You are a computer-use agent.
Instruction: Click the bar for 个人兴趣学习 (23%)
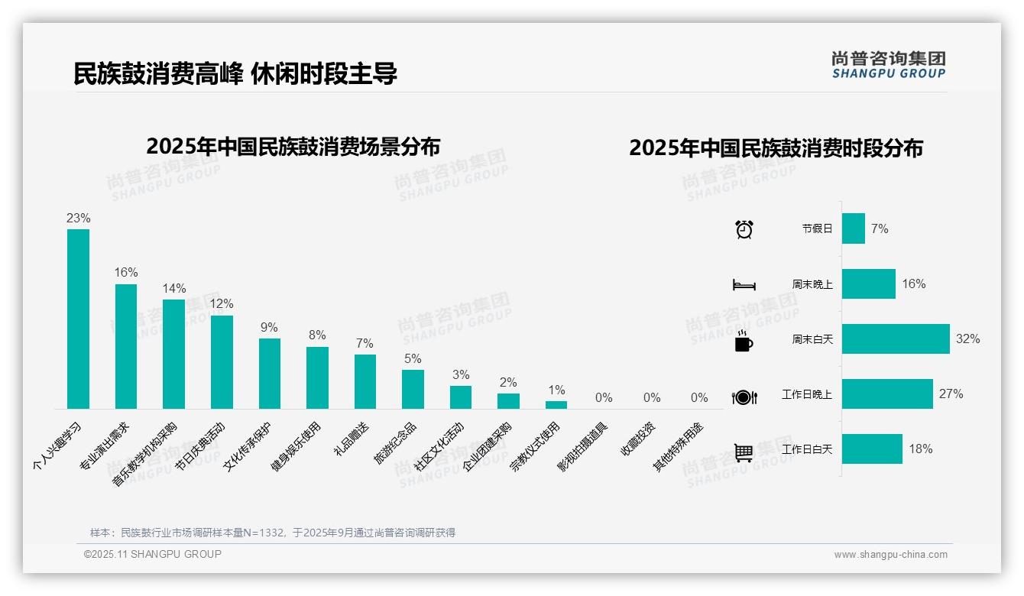78,319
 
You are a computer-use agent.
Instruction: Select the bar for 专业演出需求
126,346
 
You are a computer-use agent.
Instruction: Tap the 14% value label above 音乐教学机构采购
173,288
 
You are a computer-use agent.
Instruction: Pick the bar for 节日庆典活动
222,361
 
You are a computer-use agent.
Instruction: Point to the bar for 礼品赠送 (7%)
365,381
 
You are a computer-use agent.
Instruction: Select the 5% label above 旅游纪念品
413,358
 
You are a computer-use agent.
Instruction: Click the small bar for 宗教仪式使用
556,405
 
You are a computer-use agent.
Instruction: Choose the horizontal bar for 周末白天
896,338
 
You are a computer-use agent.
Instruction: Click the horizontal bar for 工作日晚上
887,394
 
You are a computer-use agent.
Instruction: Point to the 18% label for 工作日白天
920,449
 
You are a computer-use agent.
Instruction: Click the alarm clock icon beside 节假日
744,228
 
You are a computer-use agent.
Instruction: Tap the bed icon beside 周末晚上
744,284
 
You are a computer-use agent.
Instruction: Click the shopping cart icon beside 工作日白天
744,452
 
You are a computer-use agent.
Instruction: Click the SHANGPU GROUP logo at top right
888,64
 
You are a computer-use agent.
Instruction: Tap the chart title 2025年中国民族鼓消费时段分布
776,147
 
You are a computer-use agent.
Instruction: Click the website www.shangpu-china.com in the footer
890,555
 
